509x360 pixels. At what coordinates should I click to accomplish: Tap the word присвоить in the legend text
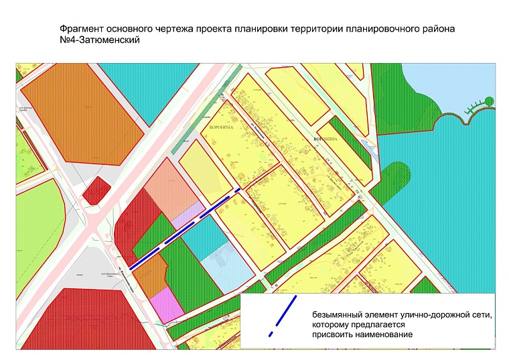tap(334, 335)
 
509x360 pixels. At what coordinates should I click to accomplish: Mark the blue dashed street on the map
tap(184, 229)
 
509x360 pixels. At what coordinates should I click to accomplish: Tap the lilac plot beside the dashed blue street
tap(186, 213)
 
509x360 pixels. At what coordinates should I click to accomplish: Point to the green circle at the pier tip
tap(490, 102)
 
